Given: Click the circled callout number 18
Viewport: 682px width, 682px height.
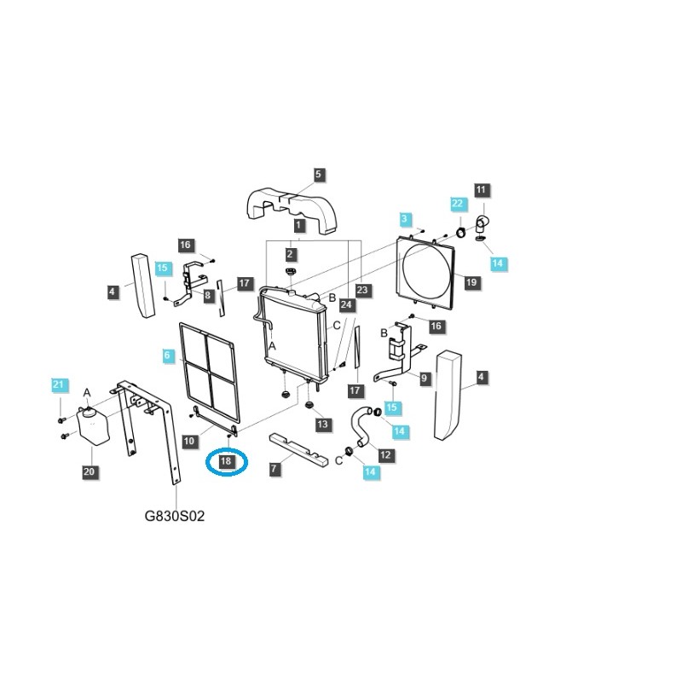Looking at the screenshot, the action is (x=226, y=461).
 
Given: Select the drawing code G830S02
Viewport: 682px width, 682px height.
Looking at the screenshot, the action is (x=175, y=517).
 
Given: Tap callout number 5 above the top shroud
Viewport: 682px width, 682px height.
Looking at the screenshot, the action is (x=318, y=175).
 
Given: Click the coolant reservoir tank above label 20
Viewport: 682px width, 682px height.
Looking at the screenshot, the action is (x=93, y=426).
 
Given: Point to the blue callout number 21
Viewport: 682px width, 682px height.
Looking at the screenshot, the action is (x=58, y=384).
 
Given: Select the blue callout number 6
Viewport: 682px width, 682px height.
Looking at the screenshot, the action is (x=167, y=355).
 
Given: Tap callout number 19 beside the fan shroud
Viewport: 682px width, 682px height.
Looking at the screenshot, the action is (x=471, y=282).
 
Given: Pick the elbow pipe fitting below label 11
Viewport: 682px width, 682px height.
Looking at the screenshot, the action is (x=480, y=223).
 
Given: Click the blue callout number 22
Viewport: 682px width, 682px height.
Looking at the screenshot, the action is (x=458, y=204).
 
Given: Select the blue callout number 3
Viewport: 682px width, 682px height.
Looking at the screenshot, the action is (x=405, y=219).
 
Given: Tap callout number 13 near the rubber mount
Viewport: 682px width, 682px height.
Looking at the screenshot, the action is (x=323, y=425).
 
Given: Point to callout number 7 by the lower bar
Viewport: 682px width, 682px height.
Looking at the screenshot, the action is (x=274, y=469).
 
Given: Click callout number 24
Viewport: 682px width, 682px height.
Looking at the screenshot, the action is (x=346, y=304).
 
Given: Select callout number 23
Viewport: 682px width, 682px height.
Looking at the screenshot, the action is (x=362, y=290).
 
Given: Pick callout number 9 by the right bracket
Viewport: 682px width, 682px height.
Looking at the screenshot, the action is (x=425, y=378).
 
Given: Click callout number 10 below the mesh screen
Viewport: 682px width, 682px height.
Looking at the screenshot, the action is (x=189, y=441).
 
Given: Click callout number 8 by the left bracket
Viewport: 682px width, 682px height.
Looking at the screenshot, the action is (x=208, y=296).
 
